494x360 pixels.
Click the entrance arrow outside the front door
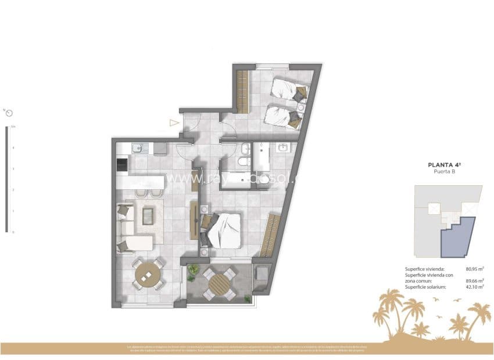tap(173, 123)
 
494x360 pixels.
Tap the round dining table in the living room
tap(148, 273)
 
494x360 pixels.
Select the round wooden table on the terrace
tap(220, 284)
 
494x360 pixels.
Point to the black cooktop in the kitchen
tap(122, 165)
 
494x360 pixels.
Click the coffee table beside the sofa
tap(148, 215)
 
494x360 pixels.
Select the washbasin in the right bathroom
tap(284, 147)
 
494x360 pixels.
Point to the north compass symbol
tap(9, 113)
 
